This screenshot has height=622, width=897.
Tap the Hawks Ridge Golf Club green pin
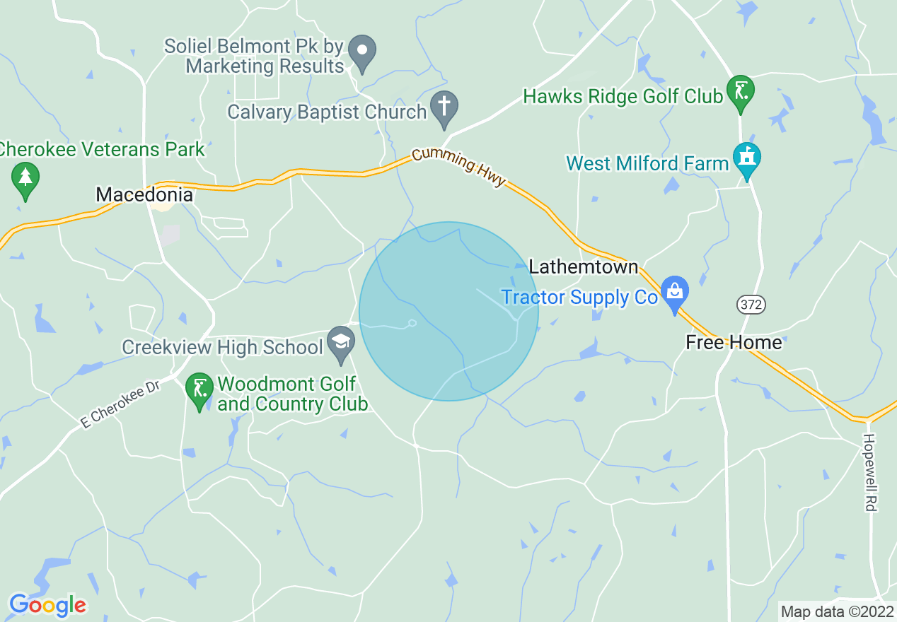click(740, 91)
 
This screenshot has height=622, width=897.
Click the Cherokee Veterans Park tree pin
click(25, 177)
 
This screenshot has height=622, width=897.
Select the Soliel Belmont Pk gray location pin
click(364, 52)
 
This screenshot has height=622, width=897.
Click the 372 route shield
click(751, 305)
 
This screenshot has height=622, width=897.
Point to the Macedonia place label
click(144, 195)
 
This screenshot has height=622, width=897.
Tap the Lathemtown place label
click(584, 267)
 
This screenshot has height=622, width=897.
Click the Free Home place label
click(734, 343)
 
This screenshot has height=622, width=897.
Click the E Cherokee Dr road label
click(121, 404)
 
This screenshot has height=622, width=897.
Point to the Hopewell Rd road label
click(869, 471)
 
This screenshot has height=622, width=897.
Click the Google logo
click(47, 605)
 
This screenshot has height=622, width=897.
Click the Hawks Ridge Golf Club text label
click(623, 96)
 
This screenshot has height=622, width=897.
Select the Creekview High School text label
click(222, 348)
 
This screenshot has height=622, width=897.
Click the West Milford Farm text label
click(647, 164)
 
